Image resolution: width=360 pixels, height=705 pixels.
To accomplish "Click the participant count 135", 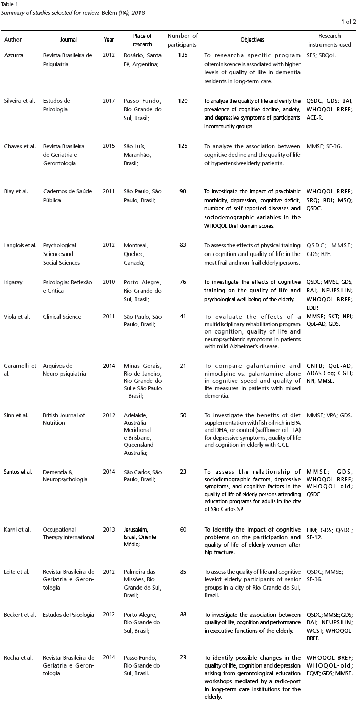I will coord(183,54).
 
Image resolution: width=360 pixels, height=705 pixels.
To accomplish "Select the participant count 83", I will coord(183,245).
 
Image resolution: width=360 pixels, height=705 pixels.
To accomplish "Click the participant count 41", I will coord(183,317).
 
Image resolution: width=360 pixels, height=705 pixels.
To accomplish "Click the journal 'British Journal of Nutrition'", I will coord(64,418).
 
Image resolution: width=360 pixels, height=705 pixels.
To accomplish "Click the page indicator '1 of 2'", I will coord(348,21).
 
